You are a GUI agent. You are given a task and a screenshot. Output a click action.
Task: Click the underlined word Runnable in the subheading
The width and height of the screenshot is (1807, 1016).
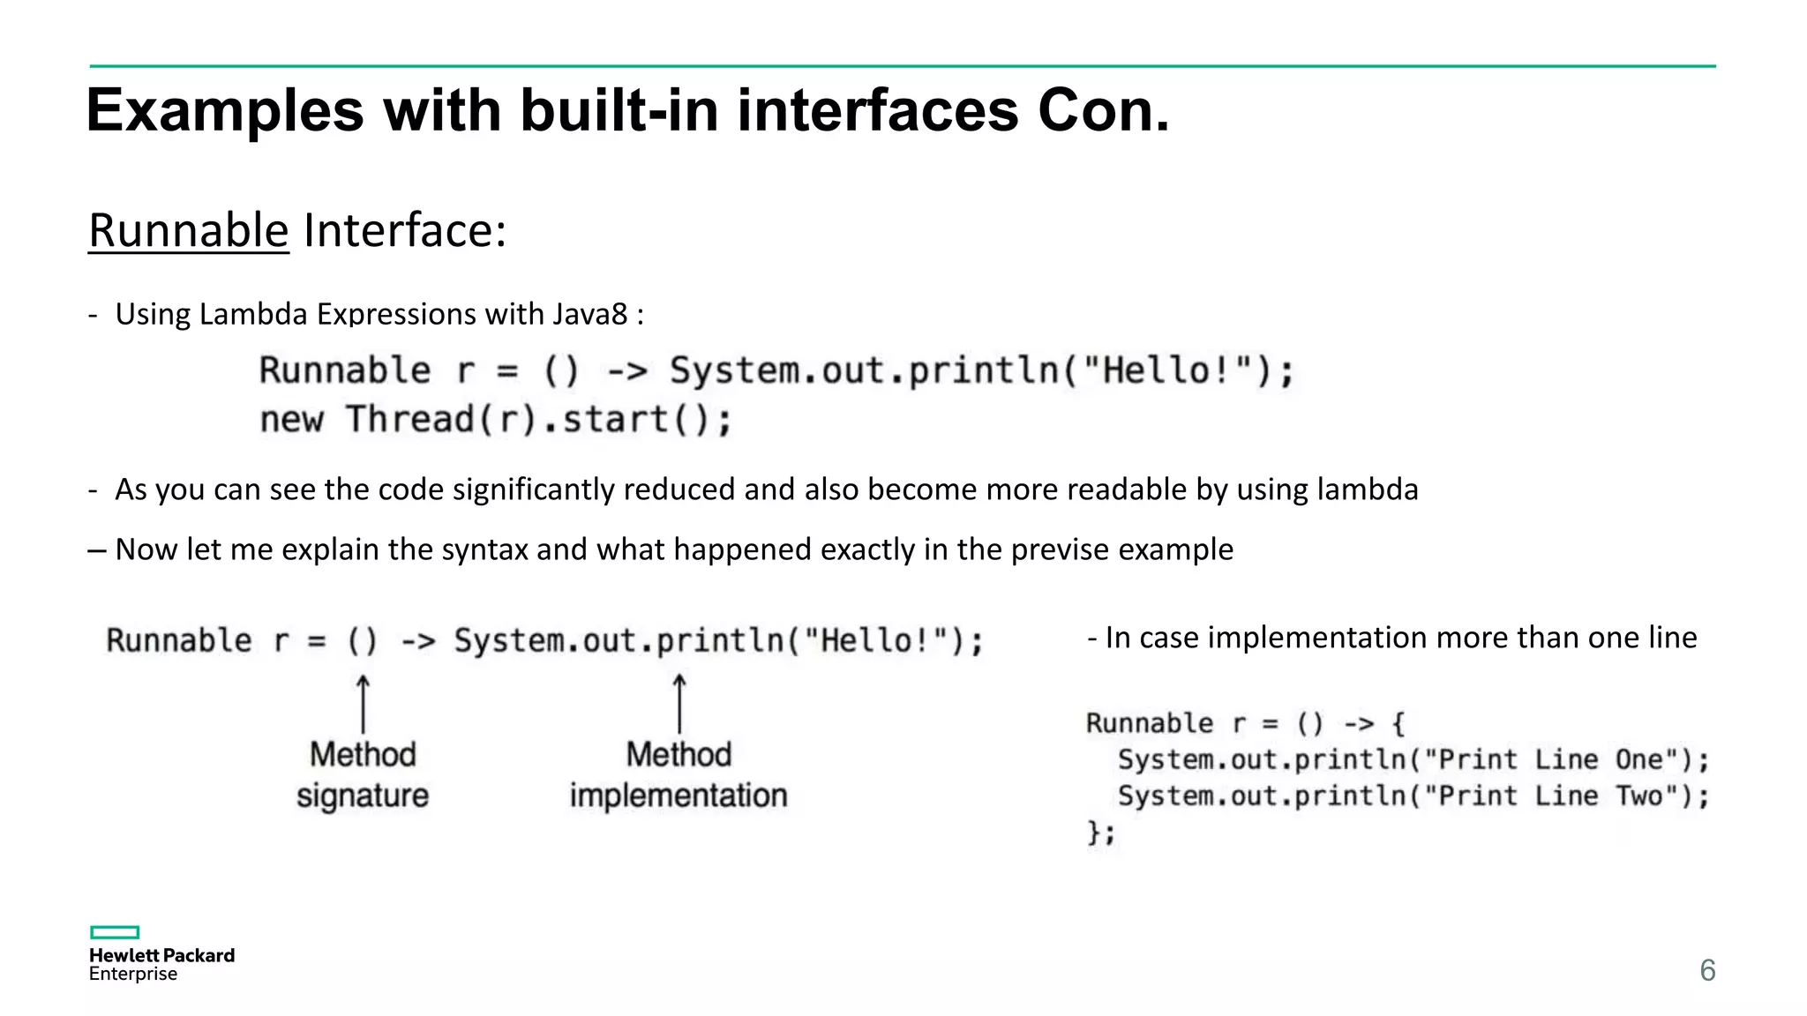tap(189, 231)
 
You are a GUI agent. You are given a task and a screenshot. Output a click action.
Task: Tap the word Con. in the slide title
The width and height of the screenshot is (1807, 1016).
tap(1103, 111)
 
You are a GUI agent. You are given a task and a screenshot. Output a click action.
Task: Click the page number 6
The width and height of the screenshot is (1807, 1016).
tap(1707, 970)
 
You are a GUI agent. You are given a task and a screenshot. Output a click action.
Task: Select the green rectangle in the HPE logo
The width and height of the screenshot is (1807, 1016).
tap(115, 932)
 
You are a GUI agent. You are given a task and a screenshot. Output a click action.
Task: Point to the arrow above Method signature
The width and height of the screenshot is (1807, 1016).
tap(363, 704)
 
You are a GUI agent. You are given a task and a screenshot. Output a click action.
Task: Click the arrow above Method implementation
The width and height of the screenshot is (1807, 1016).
tap(679, 704)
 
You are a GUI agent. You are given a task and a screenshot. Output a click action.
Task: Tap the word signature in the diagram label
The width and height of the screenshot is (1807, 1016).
tap(363, 796)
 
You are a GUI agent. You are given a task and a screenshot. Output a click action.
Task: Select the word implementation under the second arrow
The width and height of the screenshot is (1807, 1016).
tap(679, 796)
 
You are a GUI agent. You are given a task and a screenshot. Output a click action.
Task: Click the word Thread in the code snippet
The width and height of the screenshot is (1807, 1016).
tap(410, 420)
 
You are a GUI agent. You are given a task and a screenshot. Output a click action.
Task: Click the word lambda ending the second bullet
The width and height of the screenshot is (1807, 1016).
tap(1368, 489)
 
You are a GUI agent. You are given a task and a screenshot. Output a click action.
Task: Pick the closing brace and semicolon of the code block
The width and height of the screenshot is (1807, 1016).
tap(1101, 833)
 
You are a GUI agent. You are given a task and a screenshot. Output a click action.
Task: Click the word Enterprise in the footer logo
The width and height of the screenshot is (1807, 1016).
tap(133, 974)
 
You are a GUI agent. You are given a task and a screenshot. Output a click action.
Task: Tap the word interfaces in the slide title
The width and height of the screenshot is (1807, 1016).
tap(878, 111)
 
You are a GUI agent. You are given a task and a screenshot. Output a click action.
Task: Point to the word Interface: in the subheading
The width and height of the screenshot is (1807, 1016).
tap(405, 231)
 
